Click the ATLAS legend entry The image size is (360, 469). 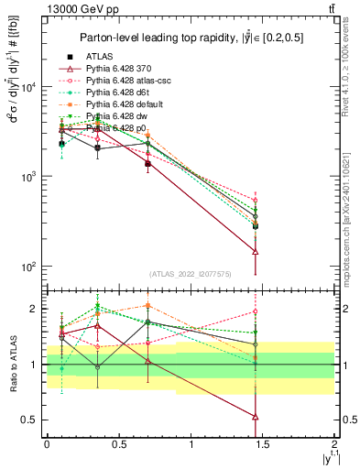[98, 56]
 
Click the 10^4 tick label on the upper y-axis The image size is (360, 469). [29, 87]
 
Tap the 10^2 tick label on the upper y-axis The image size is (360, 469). [29, 267]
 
